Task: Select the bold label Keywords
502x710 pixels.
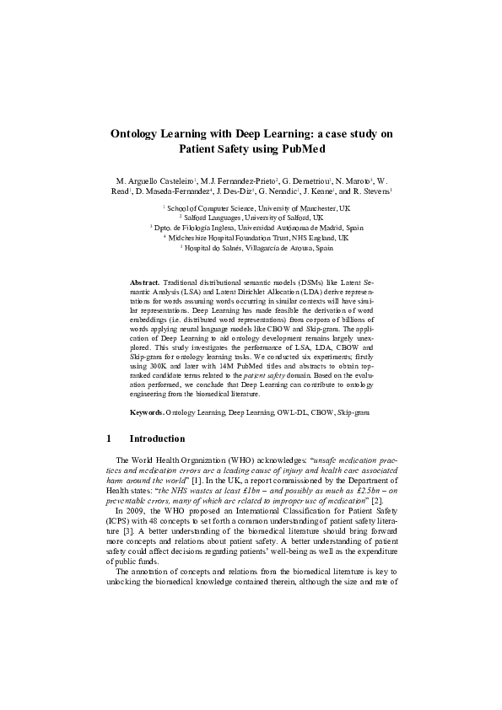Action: point(147,412)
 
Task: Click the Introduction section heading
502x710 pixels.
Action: point(157,439)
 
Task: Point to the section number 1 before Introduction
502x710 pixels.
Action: point(111,439)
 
